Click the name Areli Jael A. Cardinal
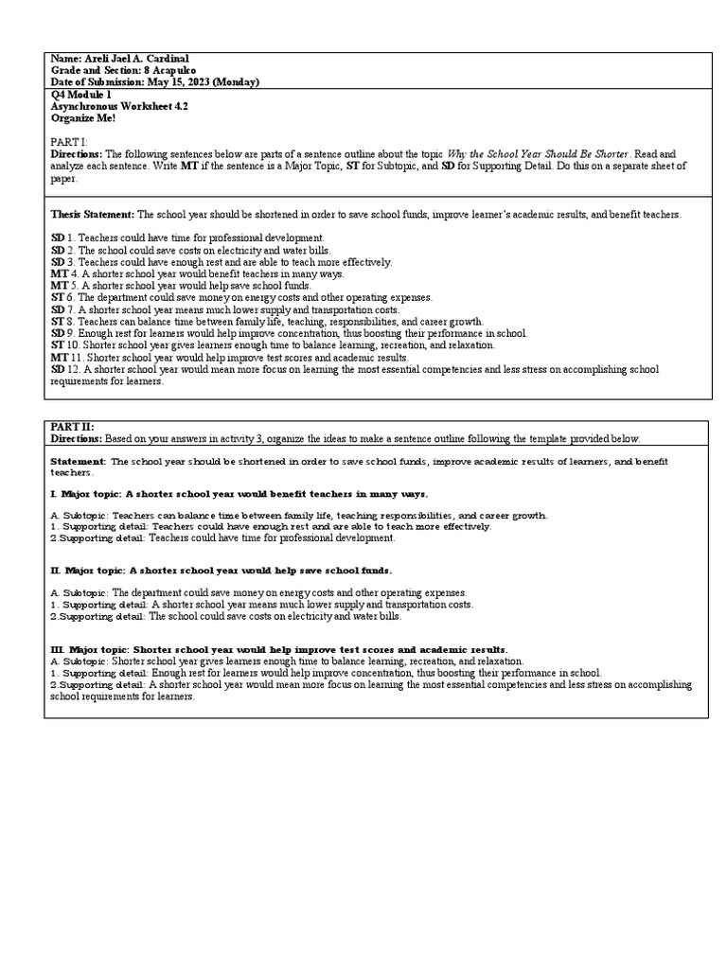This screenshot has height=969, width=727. point(135,59)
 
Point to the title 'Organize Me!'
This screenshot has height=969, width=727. point(82,118)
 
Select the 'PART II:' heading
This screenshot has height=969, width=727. point(72,427)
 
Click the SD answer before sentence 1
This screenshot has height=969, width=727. point(58,238)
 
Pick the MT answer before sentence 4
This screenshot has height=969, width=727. point(59,273)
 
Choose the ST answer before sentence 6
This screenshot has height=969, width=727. point(57,297)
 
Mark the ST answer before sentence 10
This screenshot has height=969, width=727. point(57,345)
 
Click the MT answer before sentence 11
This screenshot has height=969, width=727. point(59,358)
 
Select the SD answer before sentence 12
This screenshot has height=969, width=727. point(58,370)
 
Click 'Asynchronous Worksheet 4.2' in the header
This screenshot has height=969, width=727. point(118,107)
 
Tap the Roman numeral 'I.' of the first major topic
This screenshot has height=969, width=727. point(54,494)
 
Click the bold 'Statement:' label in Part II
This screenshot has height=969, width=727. point(78,462)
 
